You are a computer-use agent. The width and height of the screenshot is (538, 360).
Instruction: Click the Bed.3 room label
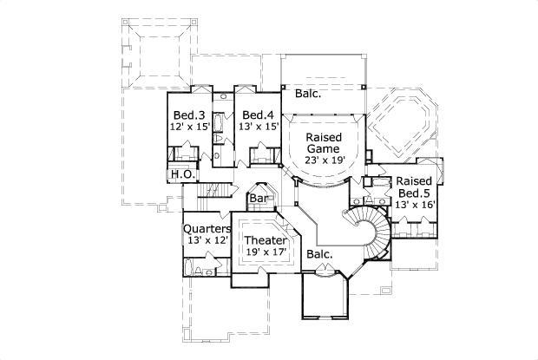click(188, 115)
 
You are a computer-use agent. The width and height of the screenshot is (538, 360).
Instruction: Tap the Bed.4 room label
click(259, 115)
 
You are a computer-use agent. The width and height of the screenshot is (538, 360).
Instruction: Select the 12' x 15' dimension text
click(189, 127)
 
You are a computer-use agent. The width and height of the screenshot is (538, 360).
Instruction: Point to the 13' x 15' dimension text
click(259, 127)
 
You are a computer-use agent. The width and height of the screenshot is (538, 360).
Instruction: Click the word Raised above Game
click(323, 138)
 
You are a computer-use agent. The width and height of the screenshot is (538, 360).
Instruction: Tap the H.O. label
click(181, 174)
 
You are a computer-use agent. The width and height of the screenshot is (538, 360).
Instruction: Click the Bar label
click(259, 199)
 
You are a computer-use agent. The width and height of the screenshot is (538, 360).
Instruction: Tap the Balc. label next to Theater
click(320, 254)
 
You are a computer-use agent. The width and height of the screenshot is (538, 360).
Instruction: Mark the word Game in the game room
click(323, 149)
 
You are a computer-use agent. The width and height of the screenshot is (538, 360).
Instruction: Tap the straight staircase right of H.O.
click(217, 191)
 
